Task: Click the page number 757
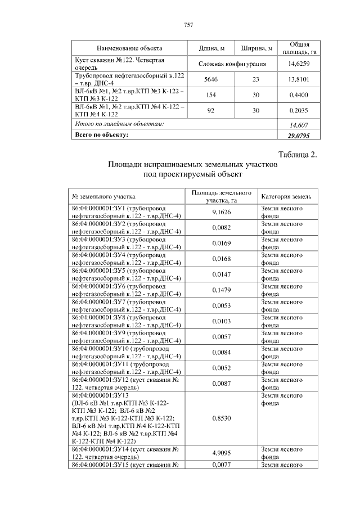click(x=188, y=25)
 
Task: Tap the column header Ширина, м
click(x=256, y=48)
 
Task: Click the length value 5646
click(x=211, y=79)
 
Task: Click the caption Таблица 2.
click(x=298, y=155)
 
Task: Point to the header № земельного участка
click(x=103, y=197)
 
